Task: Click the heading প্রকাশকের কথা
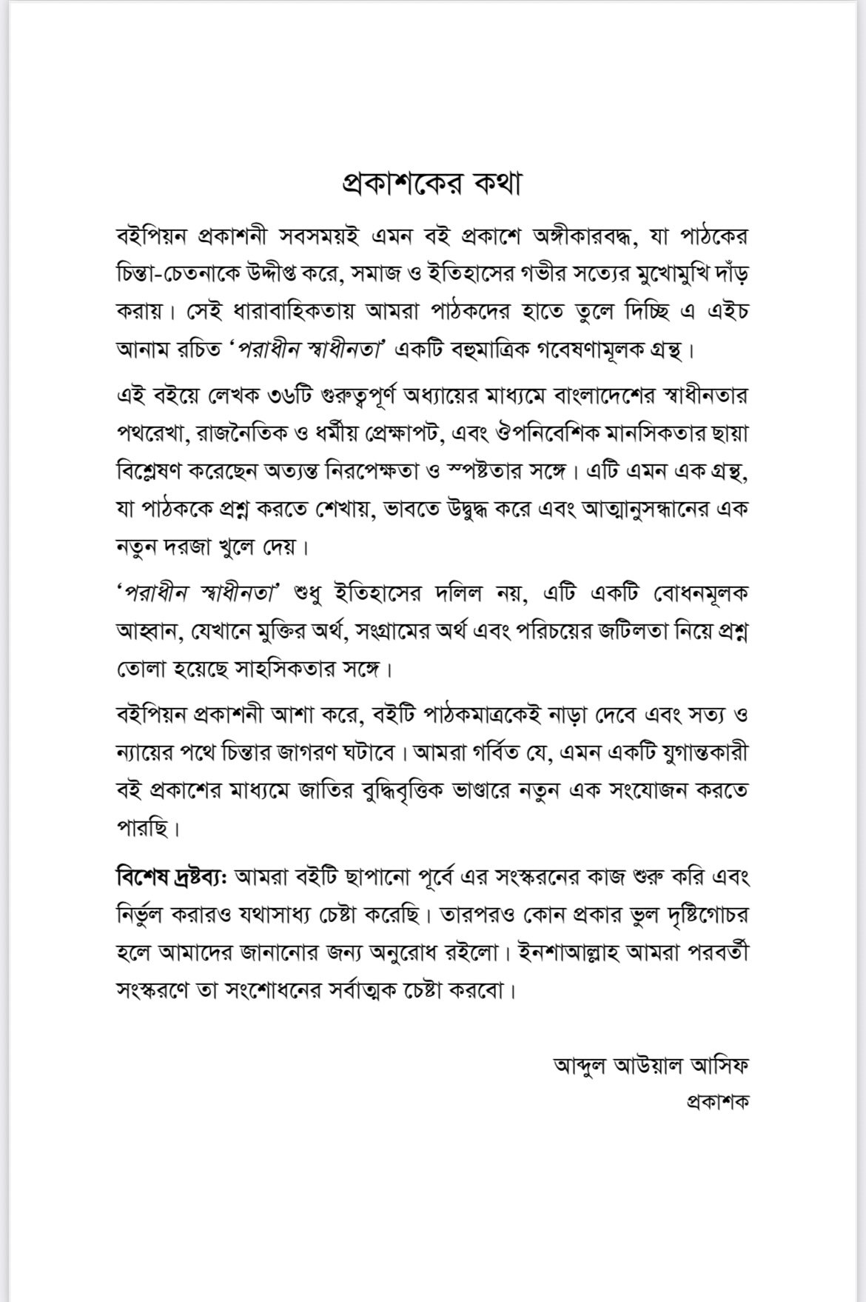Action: [432, 184]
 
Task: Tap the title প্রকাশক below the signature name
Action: [716, 1101]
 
